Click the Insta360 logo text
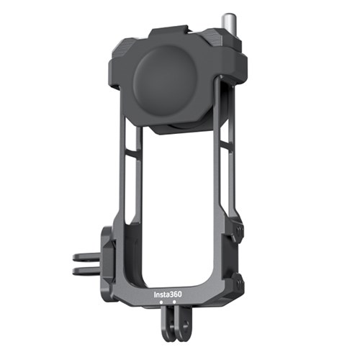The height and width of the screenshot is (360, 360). [x=168, y=294]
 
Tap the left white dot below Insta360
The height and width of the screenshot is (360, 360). [x=161, y=302]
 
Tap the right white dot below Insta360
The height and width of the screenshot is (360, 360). [x=174, y=302]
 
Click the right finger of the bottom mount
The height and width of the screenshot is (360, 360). [x=182, y=324]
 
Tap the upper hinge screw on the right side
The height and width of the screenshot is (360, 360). [x=239, y=230]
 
